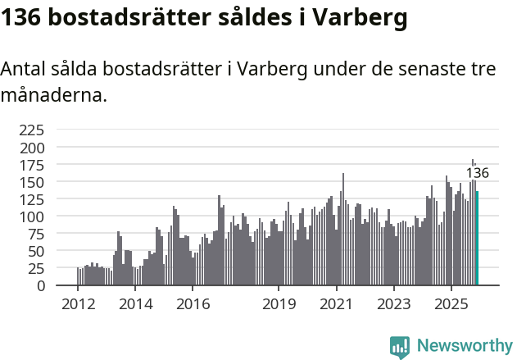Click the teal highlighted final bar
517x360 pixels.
[478, 239]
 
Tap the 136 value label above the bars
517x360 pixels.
[477, 173]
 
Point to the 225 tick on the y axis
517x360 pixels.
[31, 130]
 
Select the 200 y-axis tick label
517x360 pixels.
[31, 148]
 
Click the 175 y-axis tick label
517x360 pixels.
[31, 165]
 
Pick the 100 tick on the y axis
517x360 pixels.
[31, 216]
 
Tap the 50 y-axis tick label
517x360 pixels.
[35, 251]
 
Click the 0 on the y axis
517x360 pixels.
[40, 285]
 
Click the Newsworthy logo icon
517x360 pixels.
[400, 346]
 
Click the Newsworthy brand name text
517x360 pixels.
[465, 346]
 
